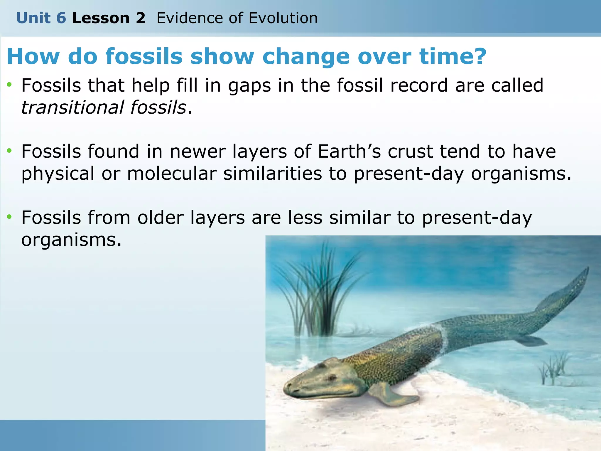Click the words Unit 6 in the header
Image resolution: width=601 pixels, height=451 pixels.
click(41, 18)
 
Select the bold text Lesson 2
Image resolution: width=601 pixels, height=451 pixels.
click(109, 18)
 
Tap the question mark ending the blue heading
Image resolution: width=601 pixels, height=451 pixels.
click(478, 56)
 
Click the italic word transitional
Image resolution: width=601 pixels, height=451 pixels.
click(72, 107)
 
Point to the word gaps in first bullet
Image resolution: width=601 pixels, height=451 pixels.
click(249, 86)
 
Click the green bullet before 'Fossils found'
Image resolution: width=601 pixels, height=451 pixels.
click(10, 151)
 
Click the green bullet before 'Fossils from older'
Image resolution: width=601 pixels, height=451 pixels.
click(10, 217)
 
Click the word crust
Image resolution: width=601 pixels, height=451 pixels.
click(410, 152)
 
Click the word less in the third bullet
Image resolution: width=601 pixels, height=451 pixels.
click(305, 218)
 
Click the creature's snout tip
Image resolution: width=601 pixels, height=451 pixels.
click(286, 389)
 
